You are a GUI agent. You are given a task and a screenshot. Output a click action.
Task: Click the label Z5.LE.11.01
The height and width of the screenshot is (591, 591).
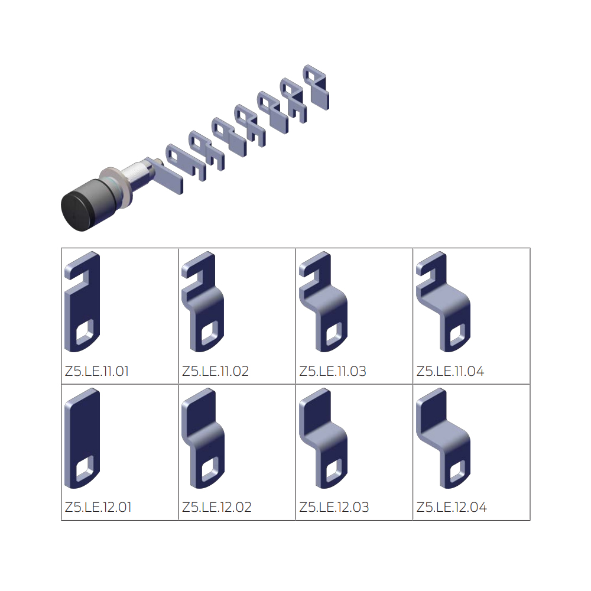point(97,372)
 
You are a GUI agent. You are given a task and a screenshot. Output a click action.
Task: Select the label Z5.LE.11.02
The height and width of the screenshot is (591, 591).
point(215,372)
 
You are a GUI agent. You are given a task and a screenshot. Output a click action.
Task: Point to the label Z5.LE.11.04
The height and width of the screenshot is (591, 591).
point(450,372)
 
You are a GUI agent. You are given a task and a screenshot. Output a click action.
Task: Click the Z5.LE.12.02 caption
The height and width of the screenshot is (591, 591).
point(216,507)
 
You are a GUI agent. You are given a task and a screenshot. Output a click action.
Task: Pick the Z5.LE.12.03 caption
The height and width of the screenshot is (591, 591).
point(334,507)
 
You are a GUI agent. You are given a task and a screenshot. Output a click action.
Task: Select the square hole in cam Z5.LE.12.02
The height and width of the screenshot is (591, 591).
point(210,470)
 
